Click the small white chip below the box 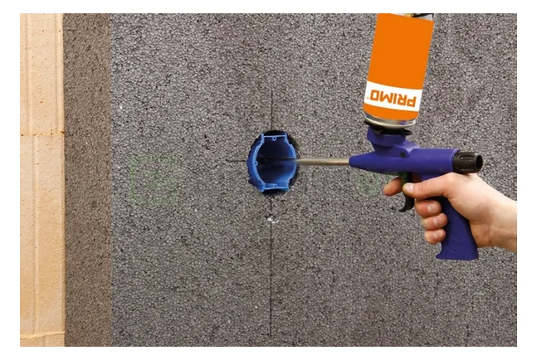[x=271, y=220]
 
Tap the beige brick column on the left [x=41, y=182]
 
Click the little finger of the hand [x=435, y=237]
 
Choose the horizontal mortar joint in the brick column [x=41, y=133]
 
